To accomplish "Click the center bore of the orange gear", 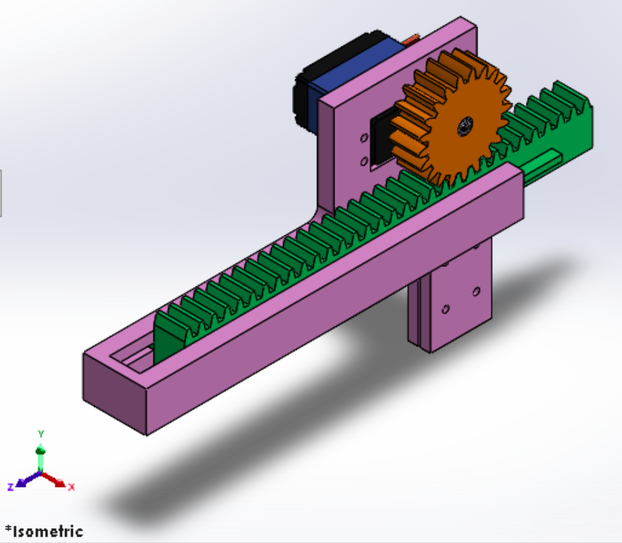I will pos(464,127).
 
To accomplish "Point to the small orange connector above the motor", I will pos(409,43).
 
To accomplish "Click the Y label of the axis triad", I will pos(41,433).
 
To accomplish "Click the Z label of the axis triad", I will pos(11,486).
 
